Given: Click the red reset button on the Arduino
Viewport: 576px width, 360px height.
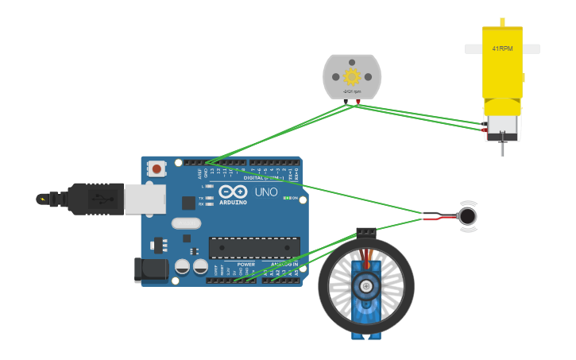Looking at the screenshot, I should coord(157,168).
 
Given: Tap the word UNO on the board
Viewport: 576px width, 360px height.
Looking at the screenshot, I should coord(265,192).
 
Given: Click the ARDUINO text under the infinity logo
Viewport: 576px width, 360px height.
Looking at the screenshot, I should coord(233,202).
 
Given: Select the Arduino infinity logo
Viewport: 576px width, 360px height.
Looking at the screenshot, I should coord(233,192).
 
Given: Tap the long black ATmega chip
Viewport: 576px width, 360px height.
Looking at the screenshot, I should coord(254,248).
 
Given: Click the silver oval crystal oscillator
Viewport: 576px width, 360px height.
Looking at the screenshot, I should coord(186,224).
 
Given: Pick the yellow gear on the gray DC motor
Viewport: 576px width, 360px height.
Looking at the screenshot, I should coord(352,76).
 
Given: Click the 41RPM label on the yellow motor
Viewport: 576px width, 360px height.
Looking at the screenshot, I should coord(502,48).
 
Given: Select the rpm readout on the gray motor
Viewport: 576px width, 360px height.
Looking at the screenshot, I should coord(352,91).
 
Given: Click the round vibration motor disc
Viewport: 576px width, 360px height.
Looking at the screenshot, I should coord(468,216).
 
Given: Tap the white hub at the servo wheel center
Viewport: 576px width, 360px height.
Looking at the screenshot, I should coord(365,286).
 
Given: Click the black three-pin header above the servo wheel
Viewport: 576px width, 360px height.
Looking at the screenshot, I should coord(365,233).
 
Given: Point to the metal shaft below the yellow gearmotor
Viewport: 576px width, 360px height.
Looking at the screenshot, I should coord(502,149).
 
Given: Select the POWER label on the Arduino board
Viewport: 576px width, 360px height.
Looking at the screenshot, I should coord(246,264).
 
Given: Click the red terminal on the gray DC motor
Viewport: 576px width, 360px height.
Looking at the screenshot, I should coord(358,102).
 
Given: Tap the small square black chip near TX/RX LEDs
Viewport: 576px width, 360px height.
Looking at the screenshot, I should coord(188,203).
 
